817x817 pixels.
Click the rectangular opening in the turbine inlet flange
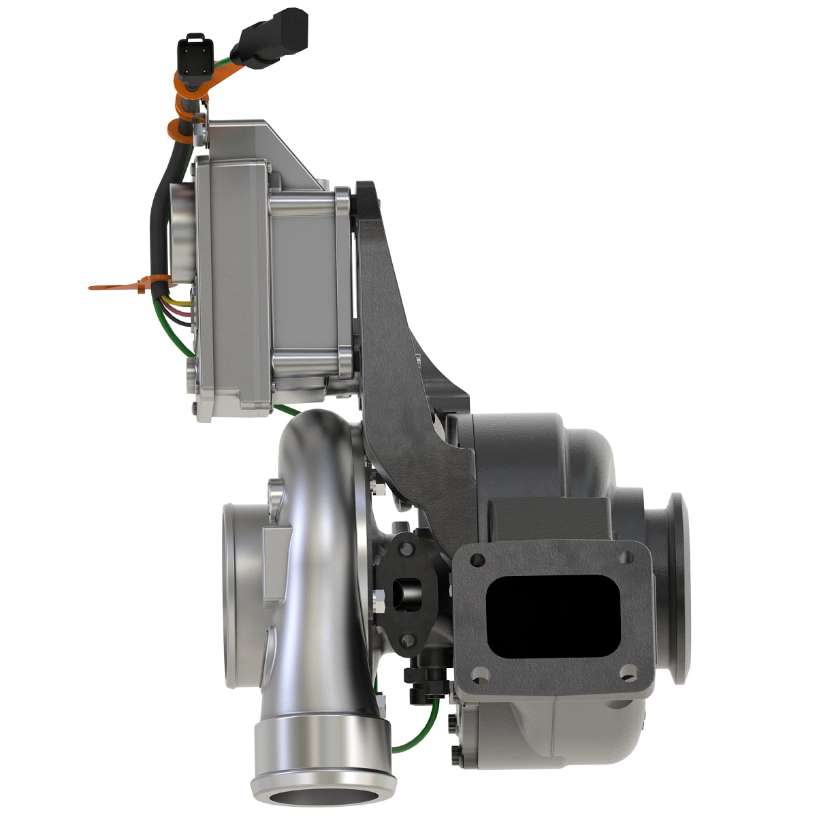[551, 615]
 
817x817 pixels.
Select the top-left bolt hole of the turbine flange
[478, 560]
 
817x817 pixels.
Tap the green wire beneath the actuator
[286, 409]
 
